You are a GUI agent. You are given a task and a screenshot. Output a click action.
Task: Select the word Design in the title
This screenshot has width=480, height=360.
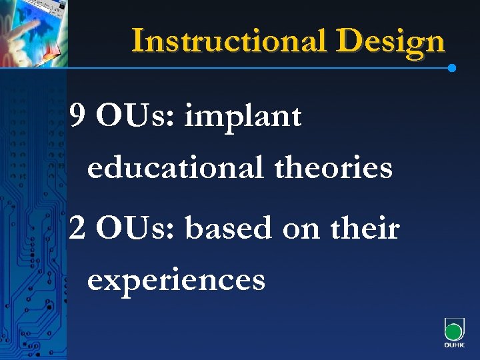click(x=390, y=41)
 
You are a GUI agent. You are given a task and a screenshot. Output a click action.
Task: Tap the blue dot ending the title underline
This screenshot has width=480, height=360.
click(x=452, y=68)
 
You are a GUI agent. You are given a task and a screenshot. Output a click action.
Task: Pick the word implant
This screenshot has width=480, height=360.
click(x=243, y=119)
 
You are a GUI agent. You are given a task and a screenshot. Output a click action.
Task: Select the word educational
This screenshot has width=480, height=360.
click(x=175, y=167)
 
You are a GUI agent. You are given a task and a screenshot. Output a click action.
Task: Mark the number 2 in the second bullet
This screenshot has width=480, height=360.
click(x=77, y=229)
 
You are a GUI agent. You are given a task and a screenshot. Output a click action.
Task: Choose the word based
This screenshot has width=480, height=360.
click(x=229, y=229)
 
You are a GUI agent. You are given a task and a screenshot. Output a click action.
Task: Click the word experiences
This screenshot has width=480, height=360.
click(x=176, y=281)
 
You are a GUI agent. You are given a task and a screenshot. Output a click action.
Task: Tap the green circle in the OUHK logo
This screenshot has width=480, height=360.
click(x=454, y=332)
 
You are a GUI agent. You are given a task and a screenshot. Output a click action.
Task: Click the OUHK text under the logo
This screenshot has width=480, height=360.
click(x=454, y=346)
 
